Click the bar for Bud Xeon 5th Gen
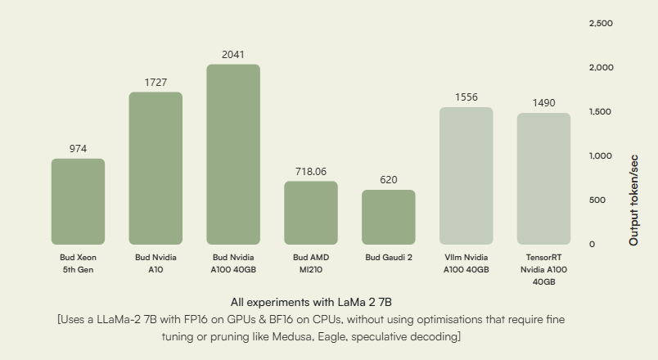(78, 201)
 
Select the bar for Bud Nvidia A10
(155, 168)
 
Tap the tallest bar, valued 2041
(233, 154)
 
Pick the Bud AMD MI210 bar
(311, 213)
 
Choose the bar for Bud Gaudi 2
(389, 217)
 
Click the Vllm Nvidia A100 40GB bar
(466, 175)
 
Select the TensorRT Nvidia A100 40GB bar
(543, 178)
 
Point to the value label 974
(78, 149)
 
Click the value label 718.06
(311, 172)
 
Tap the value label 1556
(466, 97)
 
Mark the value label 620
(389, 179)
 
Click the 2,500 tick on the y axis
(601, 23)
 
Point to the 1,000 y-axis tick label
(601, 155)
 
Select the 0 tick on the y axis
(593, 244)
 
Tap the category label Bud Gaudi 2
(389, 257)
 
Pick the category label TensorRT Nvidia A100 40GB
(543, 269)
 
